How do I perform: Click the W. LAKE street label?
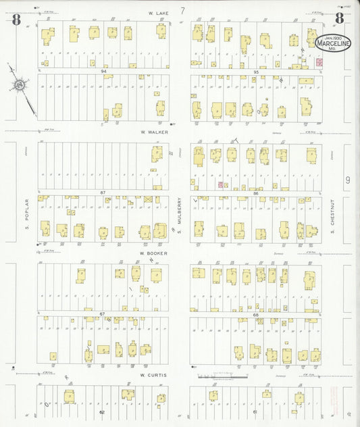pyautogui.click(x=159, y=12)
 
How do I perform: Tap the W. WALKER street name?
pyautogui.click(x=154, y=132)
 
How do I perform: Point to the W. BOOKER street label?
pyautogui.click(x=153, y=253)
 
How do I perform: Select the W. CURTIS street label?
pyautogui.click(x=153, y=374)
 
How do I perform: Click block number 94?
pyautogui.click(x=104, y=70)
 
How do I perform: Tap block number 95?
pyautogui.click(x=256, y=71)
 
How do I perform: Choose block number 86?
pyautogui.click(x=256, y=194)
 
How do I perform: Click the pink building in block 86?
pyautogui.click(x=220, y=184)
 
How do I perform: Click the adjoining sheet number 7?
pyautogui.click(x=183, y=11)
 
